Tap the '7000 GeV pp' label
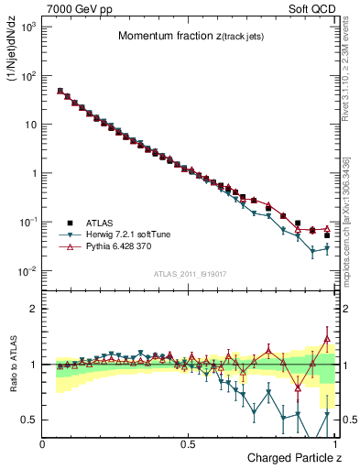tap(77, 7)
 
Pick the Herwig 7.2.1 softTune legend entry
tap(131, 234)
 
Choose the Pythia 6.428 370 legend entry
tap(125, 246)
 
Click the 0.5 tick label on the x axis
tap(188, 444)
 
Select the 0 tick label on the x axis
tap(43, 444)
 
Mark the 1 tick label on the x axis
tap(333, 444)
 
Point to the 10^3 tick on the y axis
tap(27, 27)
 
